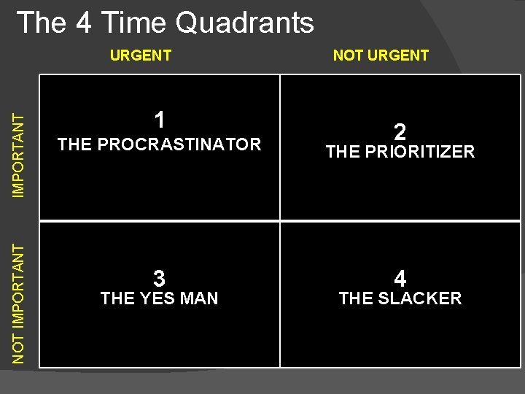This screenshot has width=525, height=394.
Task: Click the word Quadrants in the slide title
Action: point(244,23)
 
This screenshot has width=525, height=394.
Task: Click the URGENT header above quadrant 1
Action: point(141,55)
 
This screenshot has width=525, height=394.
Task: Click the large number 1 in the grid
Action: point(159,120)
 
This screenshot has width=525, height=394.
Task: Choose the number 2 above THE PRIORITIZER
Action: point(400,132)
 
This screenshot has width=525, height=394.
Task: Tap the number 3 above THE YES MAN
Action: point(159,279)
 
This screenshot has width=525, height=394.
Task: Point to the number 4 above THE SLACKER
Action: point(400,279)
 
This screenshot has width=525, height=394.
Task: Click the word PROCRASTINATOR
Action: point(179,144)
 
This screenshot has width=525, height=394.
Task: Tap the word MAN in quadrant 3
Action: point(198,298)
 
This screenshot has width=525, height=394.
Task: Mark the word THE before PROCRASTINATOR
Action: point(74,144)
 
